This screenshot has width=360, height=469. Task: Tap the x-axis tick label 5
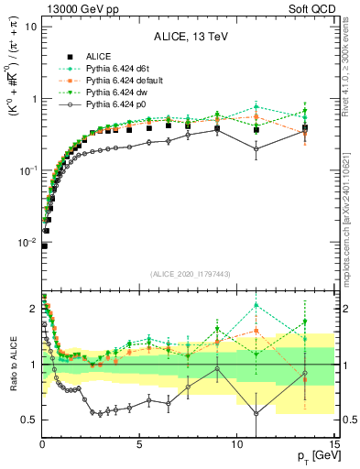139,442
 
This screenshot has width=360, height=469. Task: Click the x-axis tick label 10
236,442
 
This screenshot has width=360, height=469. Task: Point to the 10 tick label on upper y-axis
30,26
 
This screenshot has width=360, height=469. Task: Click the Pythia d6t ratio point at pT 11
256,305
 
